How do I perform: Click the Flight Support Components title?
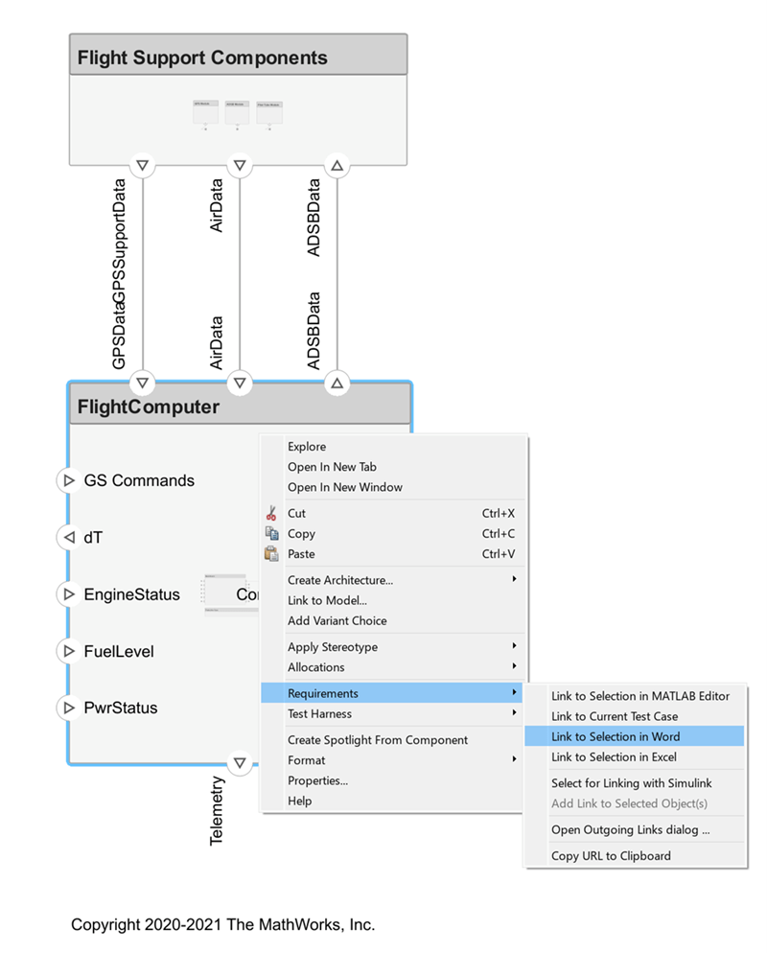pyautogui.click(x=202, y=58)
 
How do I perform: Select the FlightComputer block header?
pyautogui.click(x=148, y=407)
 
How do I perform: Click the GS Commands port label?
pyautogui.click(x=139, y=480)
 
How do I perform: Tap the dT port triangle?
pyautogui.click(x=68, y=537)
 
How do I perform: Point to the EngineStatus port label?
pyautogui.click(x=131, y=594)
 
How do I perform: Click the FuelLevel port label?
pyautogui.click(x=119, y=651)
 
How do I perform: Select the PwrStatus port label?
pyautogui.click(x=121, y=708)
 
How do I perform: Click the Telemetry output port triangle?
pyautogui.click(x=240, y=764)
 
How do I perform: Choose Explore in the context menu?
pyautogui.click(x=307, y=447)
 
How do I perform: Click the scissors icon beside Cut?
pyautogui.click(x=271, y=513)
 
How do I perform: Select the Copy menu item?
pyautogui.click(x=301, y=534)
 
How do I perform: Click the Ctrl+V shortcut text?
pyautogui.click(x=498, y=554)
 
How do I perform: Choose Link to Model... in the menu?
pyautogui.click(x=327, y=600)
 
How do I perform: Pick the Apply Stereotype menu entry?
pyautogui.click(x=333, y=647)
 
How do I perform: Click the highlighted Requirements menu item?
pyautogui.click(x=323, y=693)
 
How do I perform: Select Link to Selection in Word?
pyautogui.click(x=616, y=736)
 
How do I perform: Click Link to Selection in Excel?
pyautogui.click(x=614, y=757)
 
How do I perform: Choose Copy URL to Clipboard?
pyautogui.click(x=611, y=855)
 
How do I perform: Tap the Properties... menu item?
pyautogui.click(x=317, y=780)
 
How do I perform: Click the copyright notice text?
pyautogui.click(x=222, y=924)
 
